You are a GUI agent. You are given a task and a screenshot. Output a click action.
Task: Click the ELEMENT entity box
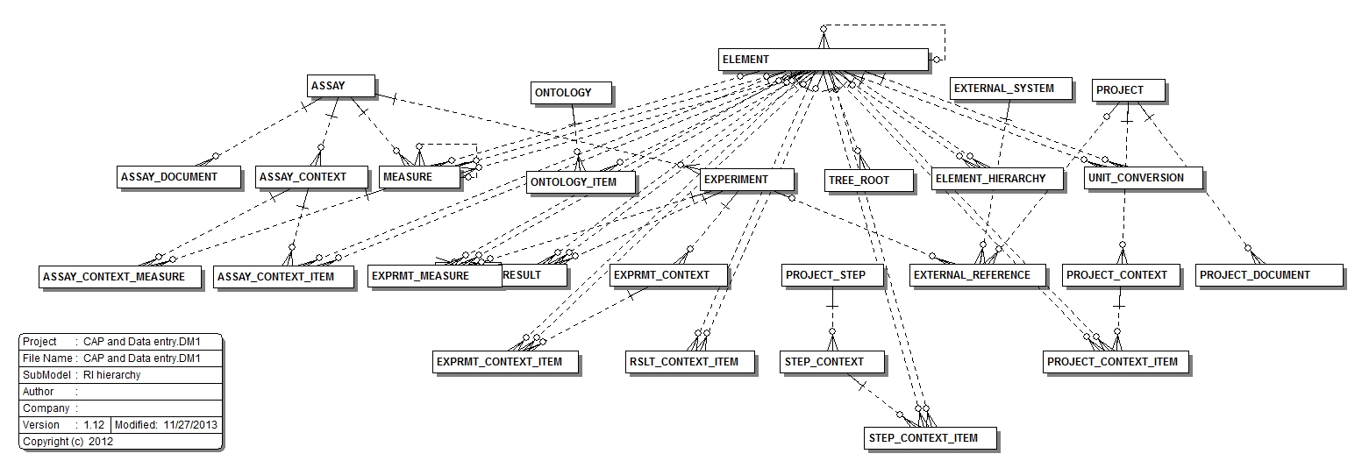pyautogui.click(x=822, y=60)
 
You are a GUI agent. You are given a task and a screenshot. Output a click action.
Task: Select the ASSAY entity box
pyautogui.click(x=341, y=86)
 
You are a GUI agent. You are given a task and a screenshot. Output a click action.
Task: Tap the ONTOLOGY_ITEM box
pyautogui.click(x=581, y=182)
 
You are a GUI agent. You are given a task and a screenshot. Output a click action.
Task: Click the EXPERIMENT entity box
pyautogui.click(x=745, y=180)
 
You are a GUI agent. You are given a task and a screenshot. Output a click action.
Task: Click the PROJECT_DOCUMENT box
pyautogui.click(x=1269, y=275)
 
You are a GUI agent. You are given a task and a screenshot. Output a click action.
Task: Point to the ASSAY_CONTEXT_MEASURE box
pyautogui.click(x=119, y=277)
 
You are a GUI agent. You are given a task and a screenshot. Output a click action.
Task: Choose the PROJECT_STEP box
pyautogui.click(x=831, y=275)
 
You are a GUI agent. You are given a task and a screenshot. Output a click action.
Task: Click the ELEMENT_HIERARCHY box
pyautogui.click(x=997, y=178)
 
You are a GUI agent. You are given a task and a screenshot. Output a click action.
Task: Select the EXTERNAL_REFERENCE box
pyautogui.click(x=978, y=275)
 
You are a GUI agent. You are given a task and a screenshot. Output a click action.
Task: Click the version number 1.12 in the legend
pyautogui.click(x=94, y=425)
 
